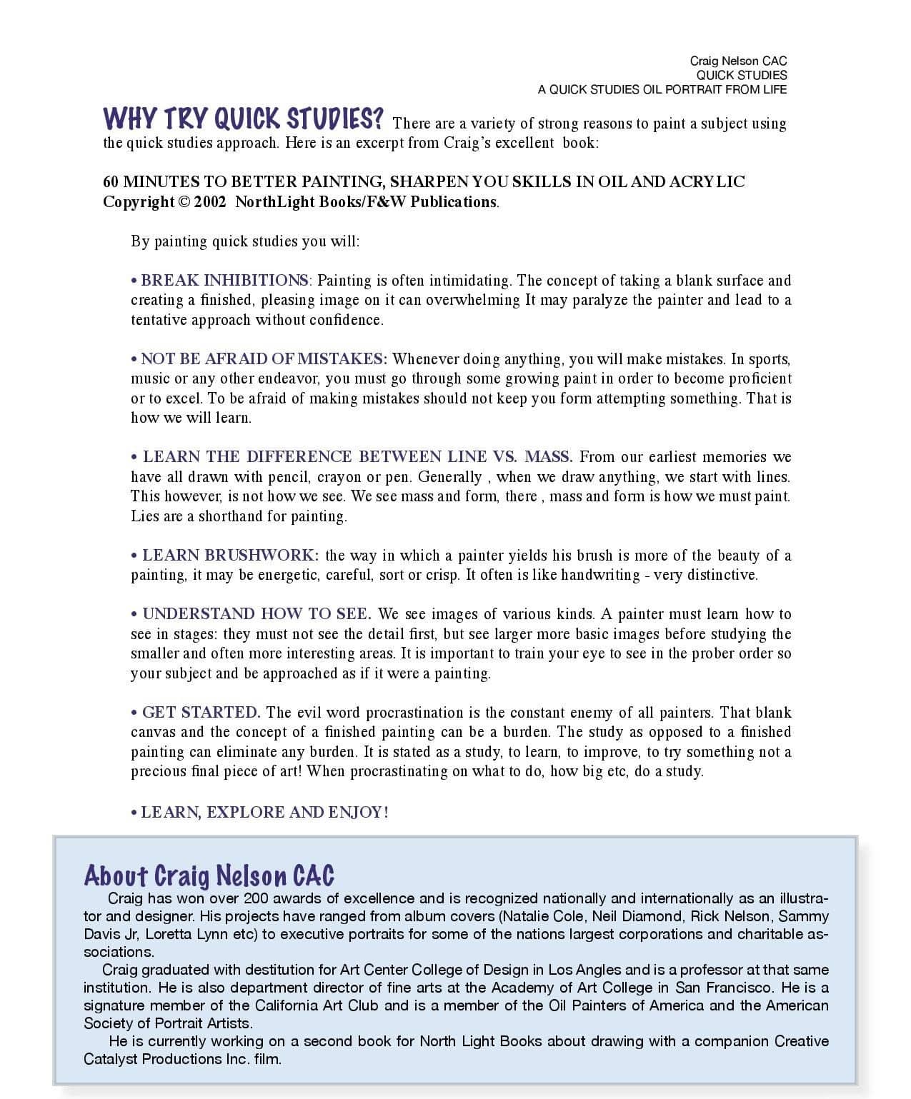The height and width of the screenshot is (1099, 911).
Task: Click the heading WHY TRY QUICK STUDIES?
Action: coord(244,119)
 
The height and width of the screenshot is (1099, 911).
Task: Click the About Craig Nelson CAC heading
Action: coord(209,875)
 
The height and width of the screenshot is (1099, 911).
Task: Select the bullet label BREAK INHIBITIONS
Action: coord(224,281)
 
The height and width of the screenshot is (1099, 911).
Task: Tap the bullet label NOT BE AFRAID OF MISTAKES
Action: coord(264,359)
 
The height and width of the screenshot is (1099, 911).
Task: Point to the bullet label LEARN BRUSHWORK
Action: coord(230,556)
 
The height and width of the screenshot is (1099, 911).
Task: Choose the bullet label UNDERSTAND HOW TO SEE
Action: coord(256,614)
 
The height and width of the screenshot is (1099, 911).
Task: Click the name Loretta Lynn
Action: coord(201,934)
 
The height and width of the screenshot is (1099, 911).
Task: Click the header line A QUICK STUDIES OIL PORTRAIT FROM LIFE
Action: coord(662,89)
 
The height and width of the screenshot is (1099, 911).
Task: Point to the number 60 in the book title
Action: coord(111,182)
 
